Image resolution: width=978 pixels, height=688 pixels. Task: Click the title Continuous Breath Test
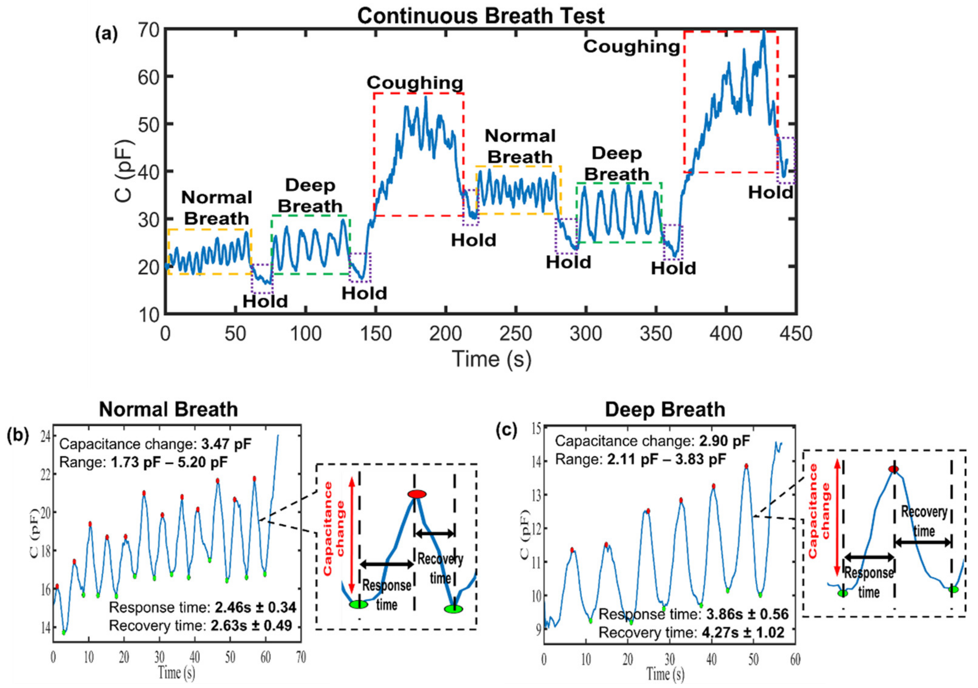[x=481, y=16]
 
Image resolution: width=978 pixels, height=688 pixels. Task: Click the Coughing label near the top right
[x=631, y=47]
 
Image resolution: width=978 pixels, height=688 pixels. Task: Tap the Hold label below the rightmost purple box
[x=771, y=193]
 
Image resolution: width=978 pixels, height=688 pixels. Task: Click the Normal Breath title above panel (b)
[x=168, y=410]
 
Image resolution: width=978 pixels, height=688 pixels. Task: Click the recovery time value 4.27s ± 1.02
[x=743, y=632]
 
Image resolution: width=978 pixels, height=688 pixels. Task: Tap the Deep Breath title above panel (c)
[x=665, y=410]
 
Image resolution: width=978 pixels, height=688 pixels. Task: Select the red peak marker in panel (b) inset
[x=416, y=494]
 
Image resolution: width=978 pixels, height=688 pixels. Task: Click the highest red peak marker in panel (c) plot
[x=746, y=466]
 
